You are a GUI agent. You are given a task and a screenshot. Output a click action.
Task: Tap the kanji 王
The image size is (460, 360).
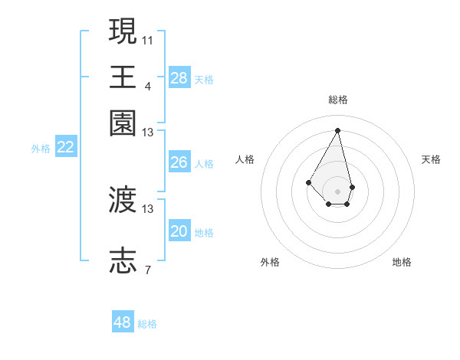pyautogui.click(x=123, y=77)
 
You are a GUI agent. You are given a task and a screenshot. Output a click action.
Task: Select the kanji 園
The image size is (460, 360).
pyautogui.click(x=123, y=123)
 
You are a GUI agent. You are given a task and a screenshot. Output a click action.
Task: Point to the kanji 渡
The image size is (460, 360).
pyautogui.click(x=123, y=200)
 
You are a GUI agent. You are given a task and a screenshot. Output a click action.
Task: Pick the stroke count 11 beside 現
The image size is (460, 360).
pyautogui.click(x=148, y=39)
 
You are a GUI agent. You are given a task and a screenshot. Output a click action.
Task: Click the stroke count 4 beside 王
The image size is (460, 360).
pyautogui.click(x=148, y=85)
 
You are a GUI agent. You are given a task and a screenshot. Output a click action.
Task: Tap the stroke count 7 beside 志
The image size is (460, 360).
pyautogui.click(x=148, y=270)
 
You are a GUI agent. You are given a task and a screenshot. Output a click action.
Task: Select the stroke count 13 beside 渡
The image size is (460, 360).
pyautogui.click(x=148, y=208)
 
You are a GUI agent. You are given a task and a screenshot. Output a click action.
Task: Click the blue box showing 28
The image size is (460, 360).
pyautogui.click(x=179, y=77)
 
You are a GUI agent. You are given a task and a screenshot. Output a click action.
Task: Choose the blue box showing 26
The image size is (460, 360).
pyautogui.click(x=179, y=162)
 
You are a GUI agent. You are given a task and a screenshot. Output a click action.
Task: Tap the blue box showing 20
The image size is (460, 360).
pyautogui.click(x=179, y=231)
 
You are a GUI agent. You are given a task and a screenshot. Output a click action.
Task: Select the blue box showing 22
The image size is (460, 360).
pyautogui.click(x=66, y=147)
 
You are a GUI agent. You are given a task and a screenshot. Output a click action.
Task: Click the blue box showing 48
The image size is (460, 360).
pyautogui.click(x=123, y=322)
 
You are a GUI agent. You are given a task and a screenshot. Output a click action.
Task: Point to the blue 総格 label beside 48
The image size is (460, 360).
pyautogui.click(x=147, y=324)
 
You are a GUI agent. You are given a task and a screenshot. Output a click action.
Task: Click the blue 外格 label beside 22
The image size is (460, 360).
pyautogui.click(x=41, y=149)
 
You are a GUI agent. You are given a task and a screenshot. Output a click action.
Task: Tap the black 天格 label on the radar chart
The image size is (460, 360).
pyautogui.click(x=431, y=159)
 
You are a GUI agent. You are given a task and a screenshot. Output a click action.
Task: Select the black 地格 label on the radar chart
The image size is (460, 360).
pyautogui.click(x=402, y=262)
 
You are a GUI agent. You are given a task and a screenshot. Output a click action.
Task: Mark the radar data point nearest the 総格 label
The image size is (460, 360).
pyautogui.click(x=337, y=130)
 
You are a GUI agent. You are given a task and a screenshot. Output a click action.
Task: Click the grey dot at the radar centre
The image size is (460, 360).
pyautogui.click(x=337, y=191)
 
